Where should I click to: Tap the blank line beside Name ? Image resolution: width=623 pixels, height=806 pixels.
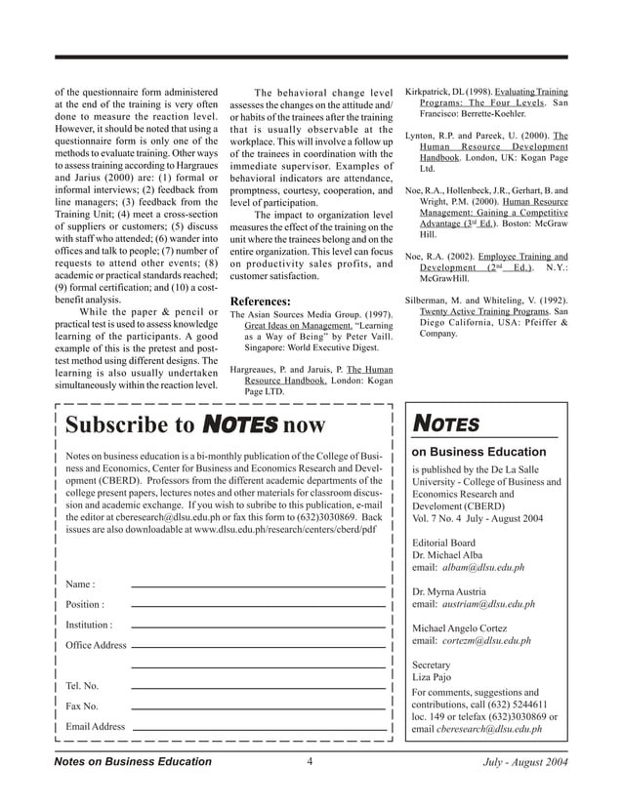(x=258, y=584)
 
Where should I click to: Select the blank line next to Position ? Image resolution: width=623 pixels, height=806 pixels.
(x=258, y=605)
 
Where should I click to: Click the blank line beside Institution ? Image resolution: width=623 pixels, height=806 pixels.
(x=258, y=625)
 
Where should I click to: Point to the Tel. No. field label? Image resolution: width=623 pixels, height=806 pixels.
(x=82, y=686)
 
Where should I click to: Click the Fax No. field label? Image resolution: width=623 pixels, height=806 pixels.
(x=82, y=706)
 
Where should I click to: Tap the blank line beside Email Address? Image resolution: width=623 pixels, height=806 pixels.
(x=258, y=728)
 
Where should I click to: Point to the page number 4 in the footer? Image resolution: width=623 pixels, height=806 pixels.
(x=308, y=761)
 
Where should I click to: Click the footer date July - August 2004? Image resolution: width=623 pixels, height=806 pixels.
(x=524, y=761)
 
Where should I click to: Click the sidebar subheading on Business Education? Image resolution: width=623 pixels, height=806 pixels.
(x=478, y=452)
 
